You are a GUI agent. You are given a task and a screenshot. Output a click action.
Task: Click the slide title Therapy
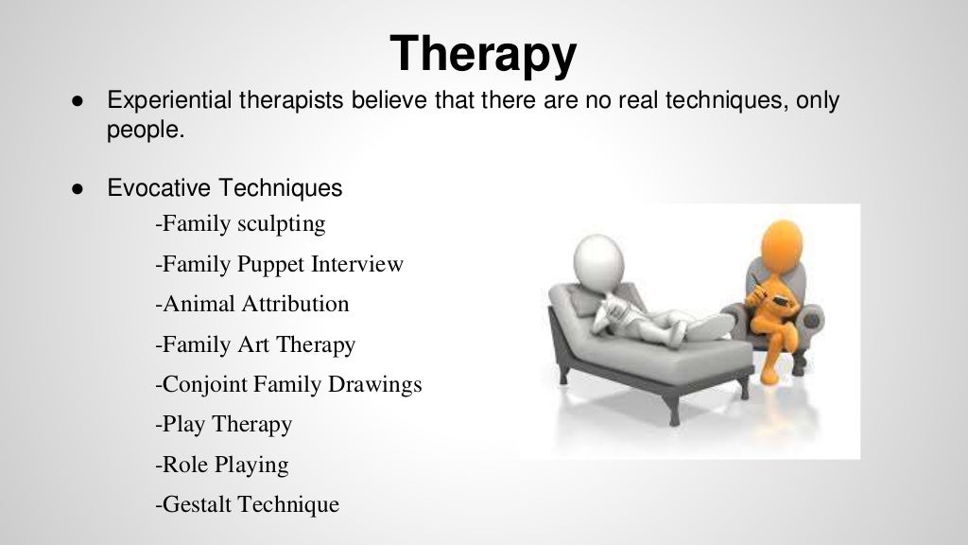pyautogui.click(x=483, y=54)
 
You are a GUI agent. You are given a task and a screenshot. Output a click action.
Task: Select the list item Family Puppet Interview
pyautogui.click(x=279, y=264)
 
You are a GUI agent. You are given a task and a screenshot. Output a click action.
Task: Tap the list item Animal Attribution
pyautogui.click(x=251, y=304)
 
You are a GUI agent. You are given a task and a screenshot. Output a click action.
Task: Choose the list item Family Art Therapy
pyautogui.click(x=254, y=344)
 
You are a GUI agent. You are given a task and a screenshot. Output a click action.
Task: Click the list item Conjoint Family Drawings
pyautogui.click(x=287, y=385)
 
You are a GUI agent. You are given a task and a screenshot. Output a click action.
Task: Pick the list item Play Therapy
pyautogui.click(x=223, y=424)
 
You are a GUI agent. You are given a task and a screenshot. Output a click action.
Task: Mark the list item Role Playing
pyautogui.click(x=221, y=465)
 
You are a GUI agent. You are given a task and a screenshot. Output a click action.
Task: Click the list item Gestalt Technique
pyautogui.click(x=246, y=504)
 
